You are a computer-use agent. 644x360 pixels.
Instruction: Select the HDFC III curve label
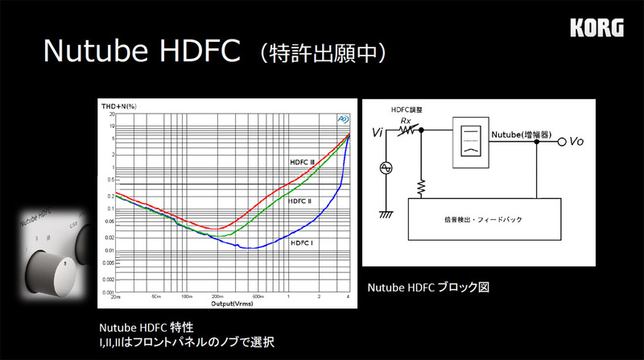(302, 162)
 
